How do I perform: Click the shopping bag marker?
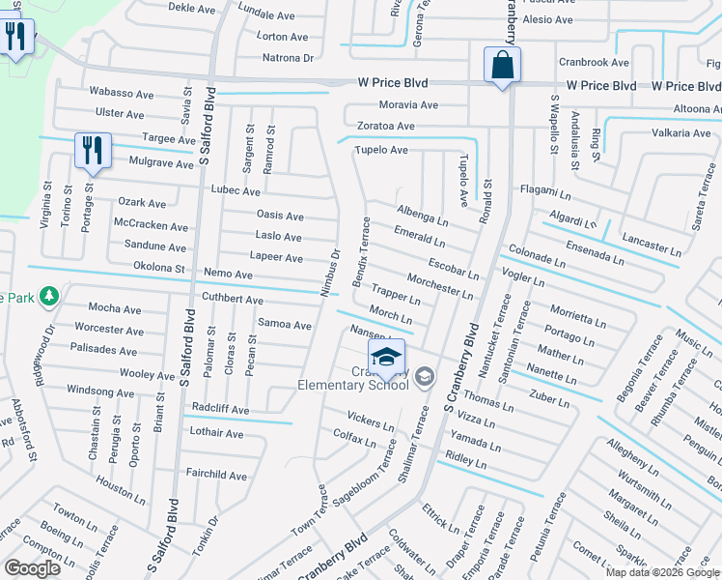point(502,67)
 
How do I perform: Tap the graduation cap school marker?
point(386,357)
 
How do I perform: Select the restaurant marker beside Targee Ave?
point(91,151)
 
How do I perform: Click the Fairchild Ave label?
point(217,475)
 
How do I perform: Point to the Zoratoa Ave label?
point(384,126)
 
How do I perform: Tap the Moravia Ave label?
point(407,104)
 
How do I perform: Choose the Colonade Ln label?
point(536,255)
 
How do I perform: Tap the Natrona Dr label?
point(289,58)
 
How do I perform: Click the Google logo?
point(33,567)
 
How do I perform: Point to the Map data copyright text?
point(662,572)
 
